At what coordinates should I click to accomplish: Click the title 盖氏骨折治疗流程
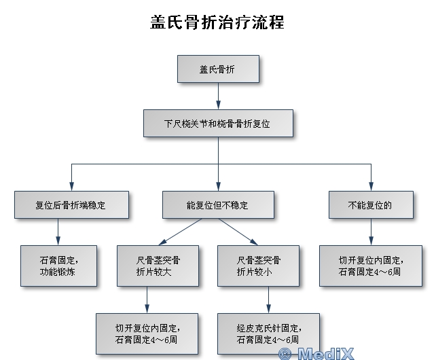coord(217,22)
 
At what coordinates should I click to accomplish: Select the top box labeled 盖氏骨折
coord(218,69)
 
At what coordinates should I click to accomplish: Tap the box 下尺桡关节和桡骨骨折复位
coord(218,124)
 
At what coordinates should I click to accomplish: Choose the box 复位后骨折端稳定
coord(71,204)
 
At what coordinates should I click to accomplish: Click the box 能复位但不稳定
coord(218,204)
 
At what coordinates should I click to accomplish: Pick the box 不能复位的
coord(370,204)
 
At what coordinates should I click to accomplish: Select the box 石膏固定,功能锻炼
coord(59,265)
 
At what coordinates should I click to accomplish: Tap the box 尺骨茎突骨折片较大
coord(158,265)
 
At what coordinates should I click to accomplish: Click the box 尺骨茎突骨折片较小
coord(259,265)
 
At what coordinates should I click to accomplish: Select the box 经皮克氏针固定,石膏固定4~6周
coord(268,331)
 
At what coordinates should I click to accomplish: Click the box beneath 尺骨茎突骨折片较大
coord(147,331)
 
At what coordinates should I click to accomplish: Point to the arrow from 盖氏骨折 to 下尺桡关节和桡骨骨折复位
coord(218,96)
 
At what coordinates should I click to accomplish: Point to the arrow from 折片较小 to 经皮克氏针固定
coord(269,299)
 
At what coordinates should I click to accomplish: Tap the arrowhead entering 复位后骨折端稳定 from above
coord(71,187)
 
